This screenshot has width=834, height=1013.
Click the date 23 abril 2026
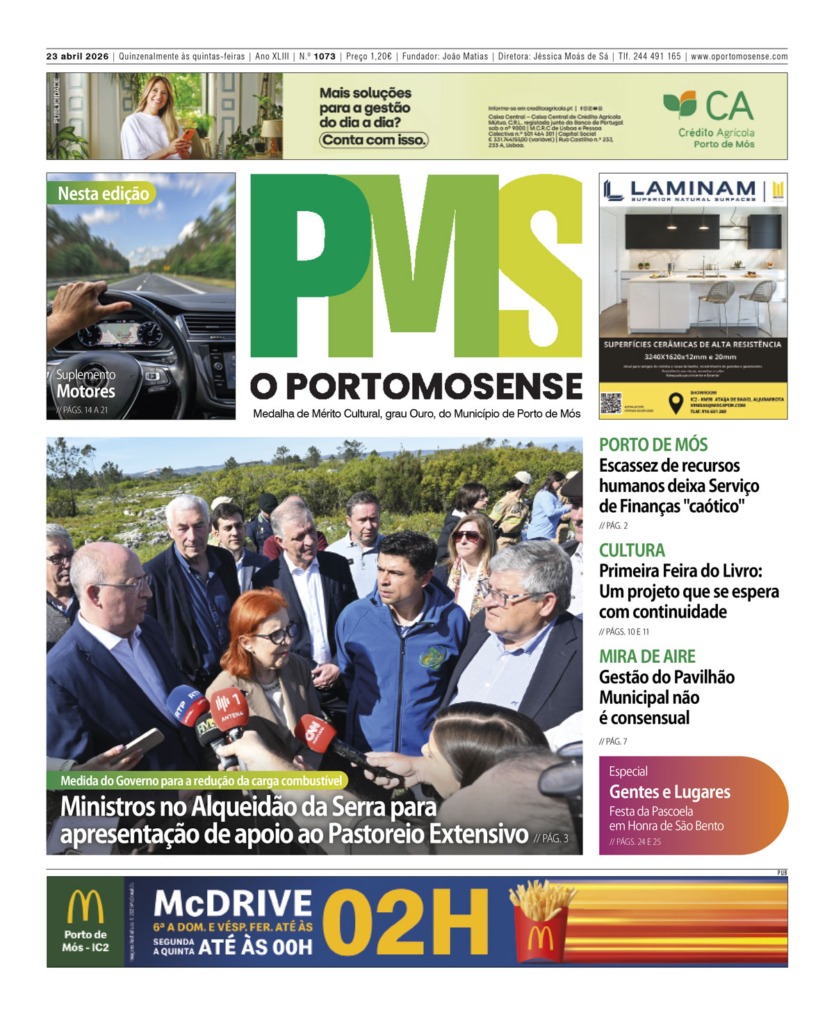pyautogui.click(x=77, y=56)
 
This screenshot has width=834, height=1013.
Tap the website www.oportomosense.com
pyautogui.click(x=739, y=56)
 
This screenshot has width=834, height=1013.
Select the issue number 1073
pyautogui.click(x=325, y=56)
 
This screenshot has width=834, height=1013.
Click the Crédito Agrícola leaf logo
pyautogui.click(x=680, y=104)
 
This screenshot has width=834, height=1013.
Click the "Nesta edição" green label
pyautogui.click(x=103, y=194)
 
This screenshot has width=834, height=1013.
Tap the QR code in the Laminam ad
pyautogui.click(x=610, y=404)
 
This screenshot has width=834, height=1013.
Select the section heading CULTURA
pyautogui.click(x=632, y=550)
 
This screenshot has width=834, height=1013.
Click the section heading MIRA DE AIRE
pyautogui.click(x=647, y=657)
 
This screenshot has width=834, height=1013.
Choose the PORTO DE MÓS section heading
pyautogui.click(x=653, y=445)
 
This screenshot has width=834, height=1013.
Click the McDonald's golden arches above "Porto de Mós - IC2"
pyautogui.click(x=85, y=907)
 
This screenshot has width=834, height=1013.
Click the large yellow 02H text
pyautogui.click(x=405, y=922)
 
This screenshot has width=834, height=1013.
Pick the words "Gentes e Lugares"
pyautogui.click(x=669, y=792)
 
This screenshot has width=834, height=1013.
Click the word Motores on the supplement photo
pyautogui.click(x=86, y=391)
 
